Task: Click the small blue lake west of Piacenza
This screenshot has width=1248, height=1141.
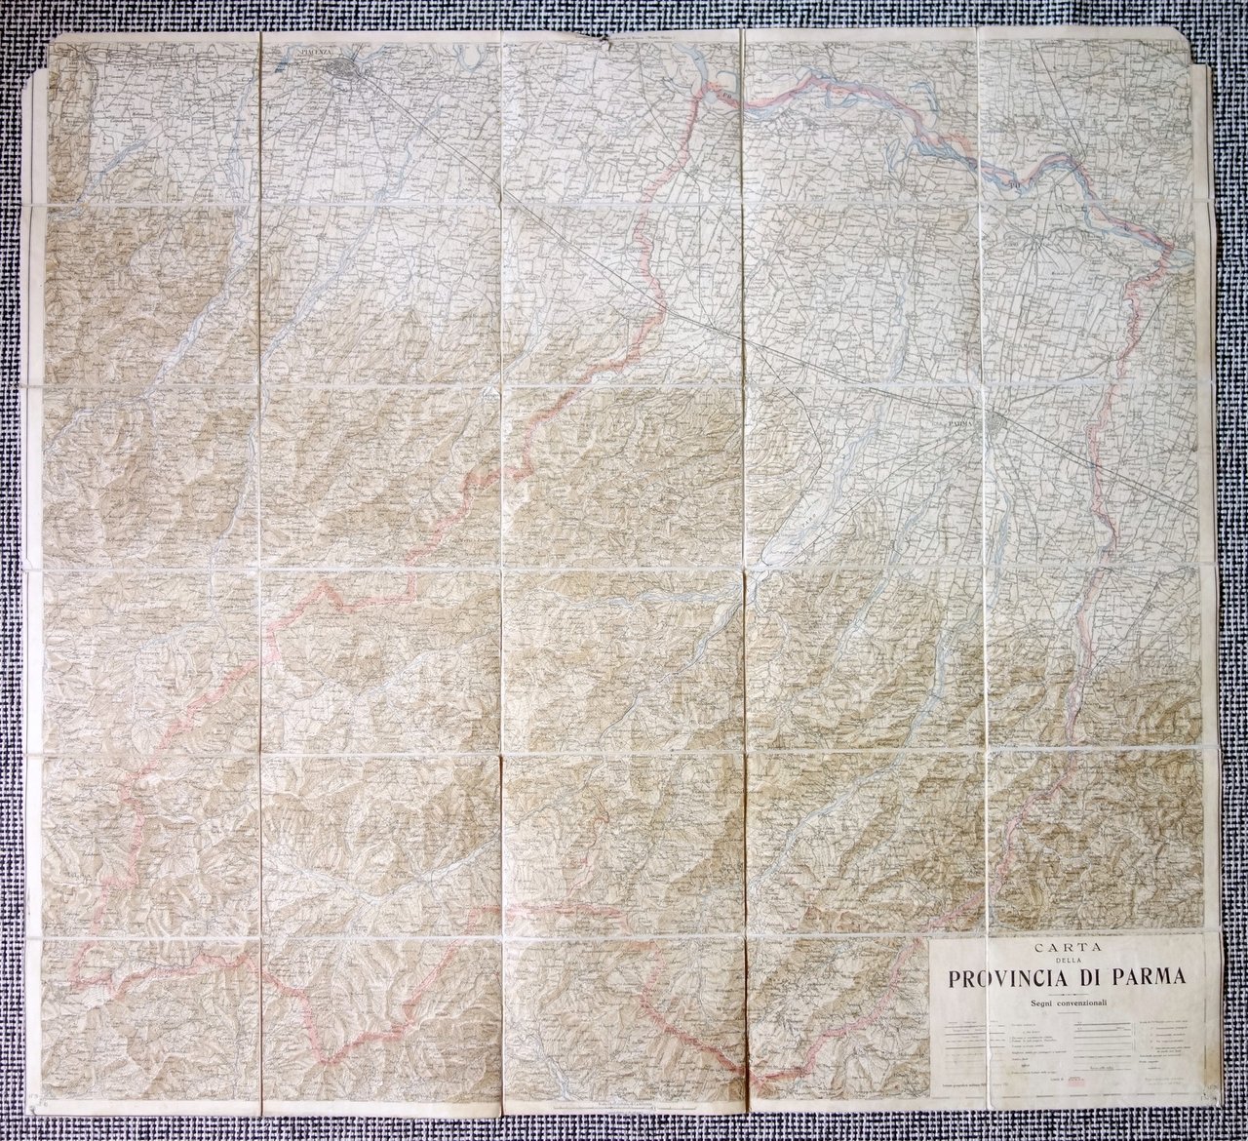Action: [x=279, y=69]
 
